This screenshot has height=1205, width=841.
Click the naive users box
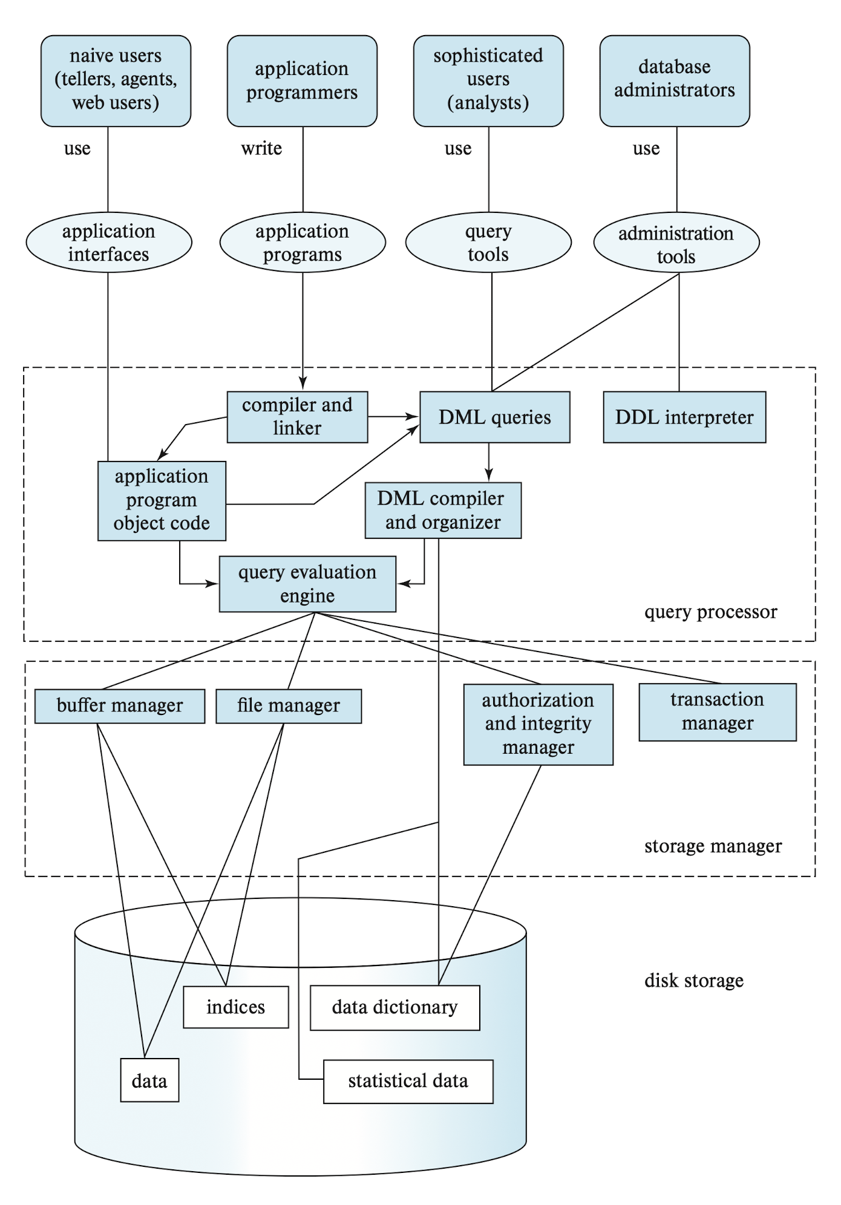(x=116, y=81)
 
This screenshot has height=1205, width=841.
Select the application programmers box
(x=302, y=81)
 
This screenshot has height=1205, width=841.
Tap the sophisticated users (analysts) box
(x=488, y=81)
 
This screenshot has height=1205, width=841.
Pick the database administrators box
(x=675, y=81)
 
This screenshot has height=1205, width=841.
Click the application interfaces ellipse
(x=109, y=243)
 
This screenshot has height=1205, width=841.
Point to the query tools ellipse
(x=488, y=243)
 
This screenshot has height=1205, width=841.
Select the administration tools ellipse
(x=676, y=243)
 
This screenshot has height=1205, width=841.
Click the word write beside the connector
(x=261, y=148)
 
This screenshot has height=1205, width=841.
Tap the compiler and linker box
(x=297, y=417)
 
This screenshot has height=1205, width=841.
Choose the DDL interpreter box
(x=684, y=417)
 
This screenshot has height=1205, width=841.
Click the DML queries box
(x=495, y=417)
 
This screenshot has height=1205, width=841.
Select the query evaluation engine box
(x=307, y=584)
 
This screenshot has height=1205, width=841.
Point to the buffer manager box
(x=120, y=706)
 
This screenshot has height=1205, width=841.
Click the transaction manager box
(x=718, y=712)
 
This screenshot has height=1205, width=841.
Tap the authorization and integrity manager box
(x=538, y=725)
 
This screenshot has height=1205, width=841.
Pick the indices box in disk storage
(x=236, y=1007)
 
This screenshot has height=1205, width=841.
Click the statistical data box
(x=408, y=1081)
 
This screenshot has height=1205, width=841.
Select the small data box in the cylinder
(x=149, y=1080)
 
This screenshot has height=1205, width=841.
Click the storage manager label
(x=713, y=846)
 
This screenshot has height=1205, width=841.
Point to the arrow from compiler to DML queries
(x=393, y=416)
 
